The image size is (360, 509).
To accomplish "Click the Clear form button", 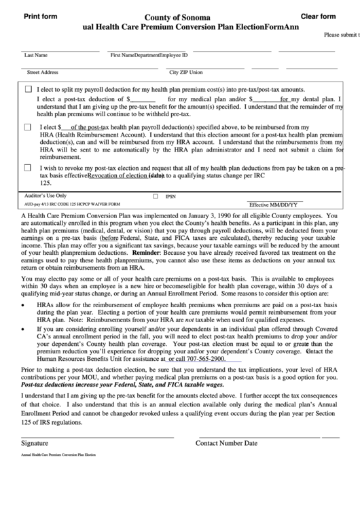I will point(318,16).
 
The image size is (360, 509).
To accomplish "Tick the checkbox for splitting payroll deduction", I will point(28,89).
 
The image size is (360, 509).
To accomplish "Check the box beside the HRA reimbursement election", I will point(28,126).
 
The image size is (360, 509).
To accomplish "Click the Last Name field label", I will point(36,55).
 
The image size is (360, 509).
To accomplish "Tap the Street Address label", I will point(42,71).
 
